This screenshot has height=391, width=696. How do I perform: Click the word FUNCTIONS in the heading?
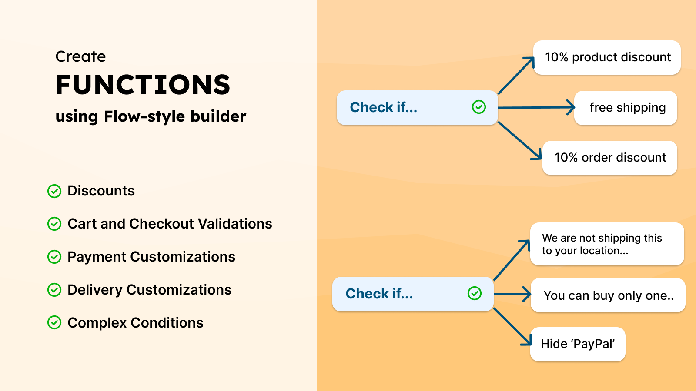143,84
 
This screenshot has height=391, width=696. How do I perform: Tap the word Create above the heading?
80,56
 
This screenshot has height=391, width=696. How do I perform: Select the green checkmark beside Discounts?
54,191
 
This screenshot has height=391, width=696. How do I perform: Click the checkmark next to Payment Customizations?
54,257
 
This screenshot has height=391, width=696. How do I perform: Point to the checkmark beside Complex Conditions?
54,323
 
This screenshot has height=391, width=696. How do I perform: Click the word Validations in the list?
235,223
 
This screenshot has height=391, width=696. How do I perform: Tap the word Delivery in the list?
95,290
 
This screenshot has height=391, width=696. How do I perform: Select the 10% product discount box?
607,57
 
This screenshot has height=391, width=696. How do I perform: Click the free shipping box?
626,108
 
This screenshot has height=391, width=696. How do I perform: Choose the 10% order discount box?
609,158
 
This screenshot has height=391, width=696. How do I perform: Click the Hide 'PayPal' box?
578,344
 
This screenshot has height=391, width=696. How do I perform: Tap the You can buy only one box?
608,295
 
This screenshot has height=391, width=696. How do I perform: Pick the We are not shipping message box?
607,244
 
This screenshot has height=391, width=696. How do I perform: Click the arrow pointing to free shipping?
536,107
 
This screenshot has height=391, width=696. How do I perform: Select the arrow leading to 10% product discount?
516,76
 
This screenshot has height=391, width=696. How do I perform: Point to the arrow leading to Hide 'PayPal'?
512,327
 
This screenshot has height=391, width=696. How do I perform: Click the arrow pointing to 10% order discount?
520,141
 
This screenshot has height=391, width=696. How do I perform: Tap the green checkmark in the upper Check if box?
479,107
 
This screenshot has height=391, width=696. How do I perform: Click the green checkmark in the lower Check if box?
475,293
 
